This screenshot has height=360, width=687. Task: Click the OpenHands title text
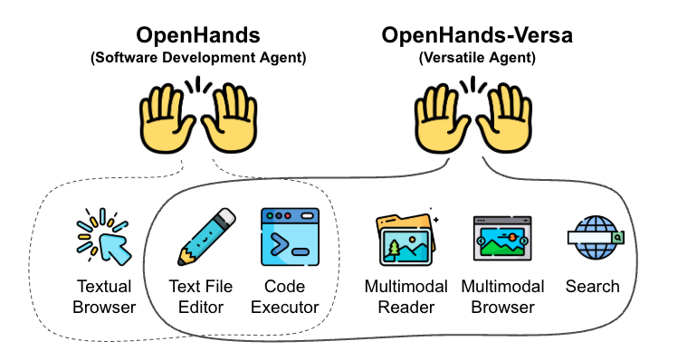[x=197, y=36]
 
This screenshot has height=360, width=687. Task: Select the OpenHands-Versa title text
[x=477, y=36]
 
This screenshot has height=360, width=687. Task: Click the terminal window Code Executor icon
[x=291, y=237]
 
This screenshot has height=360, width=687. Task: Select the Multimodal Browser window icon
[x=501, y=239]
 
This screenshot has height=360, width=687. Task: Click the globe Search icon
[x=594, y=237]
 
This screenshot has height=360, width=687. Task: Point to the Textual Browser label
[x=104, y=296]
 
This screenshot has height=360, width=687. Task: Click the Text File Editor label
[x=200, y=296]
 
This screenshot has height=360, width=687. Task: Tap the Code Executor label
[x=291, y=296]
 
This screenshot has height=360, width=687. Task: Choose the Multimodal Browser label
[x=502, y=296]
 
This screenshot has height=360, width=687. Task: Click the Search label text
[x=593, y=286]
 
